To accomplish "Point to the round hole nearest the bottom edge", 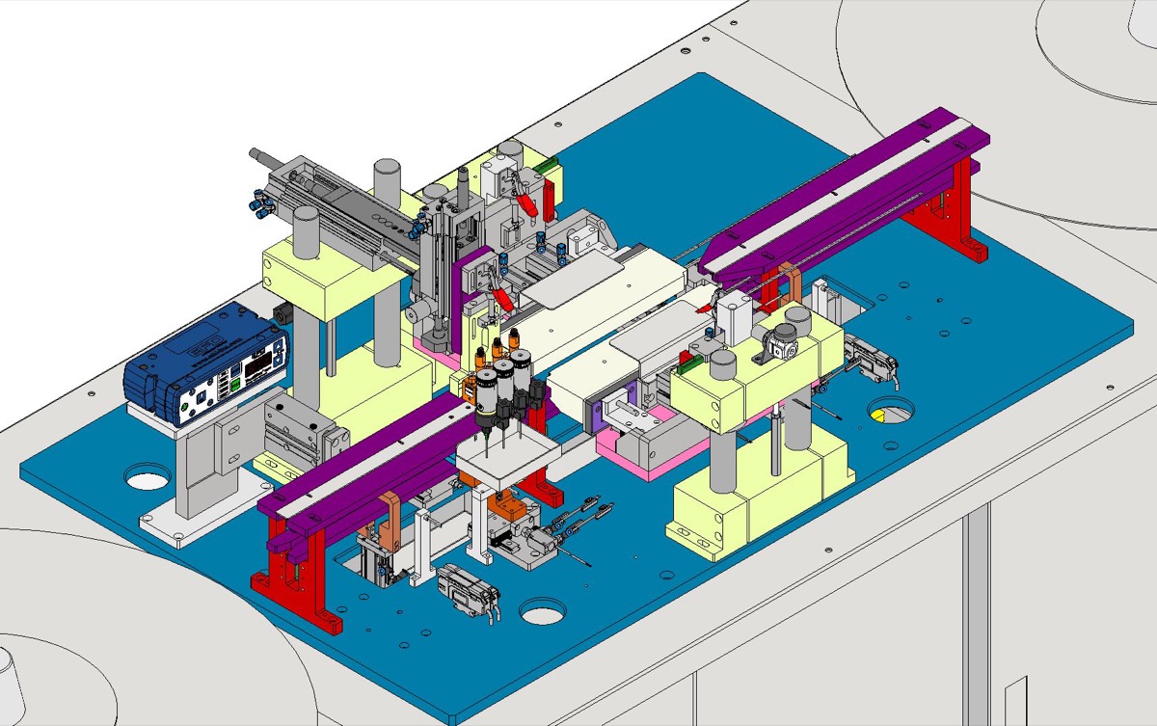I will click(x=543, y=611).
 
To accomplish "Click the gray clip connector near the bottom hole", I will click(x=464, y=589).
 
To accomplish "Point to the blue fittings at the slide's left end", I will click(x=259, y=203).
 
